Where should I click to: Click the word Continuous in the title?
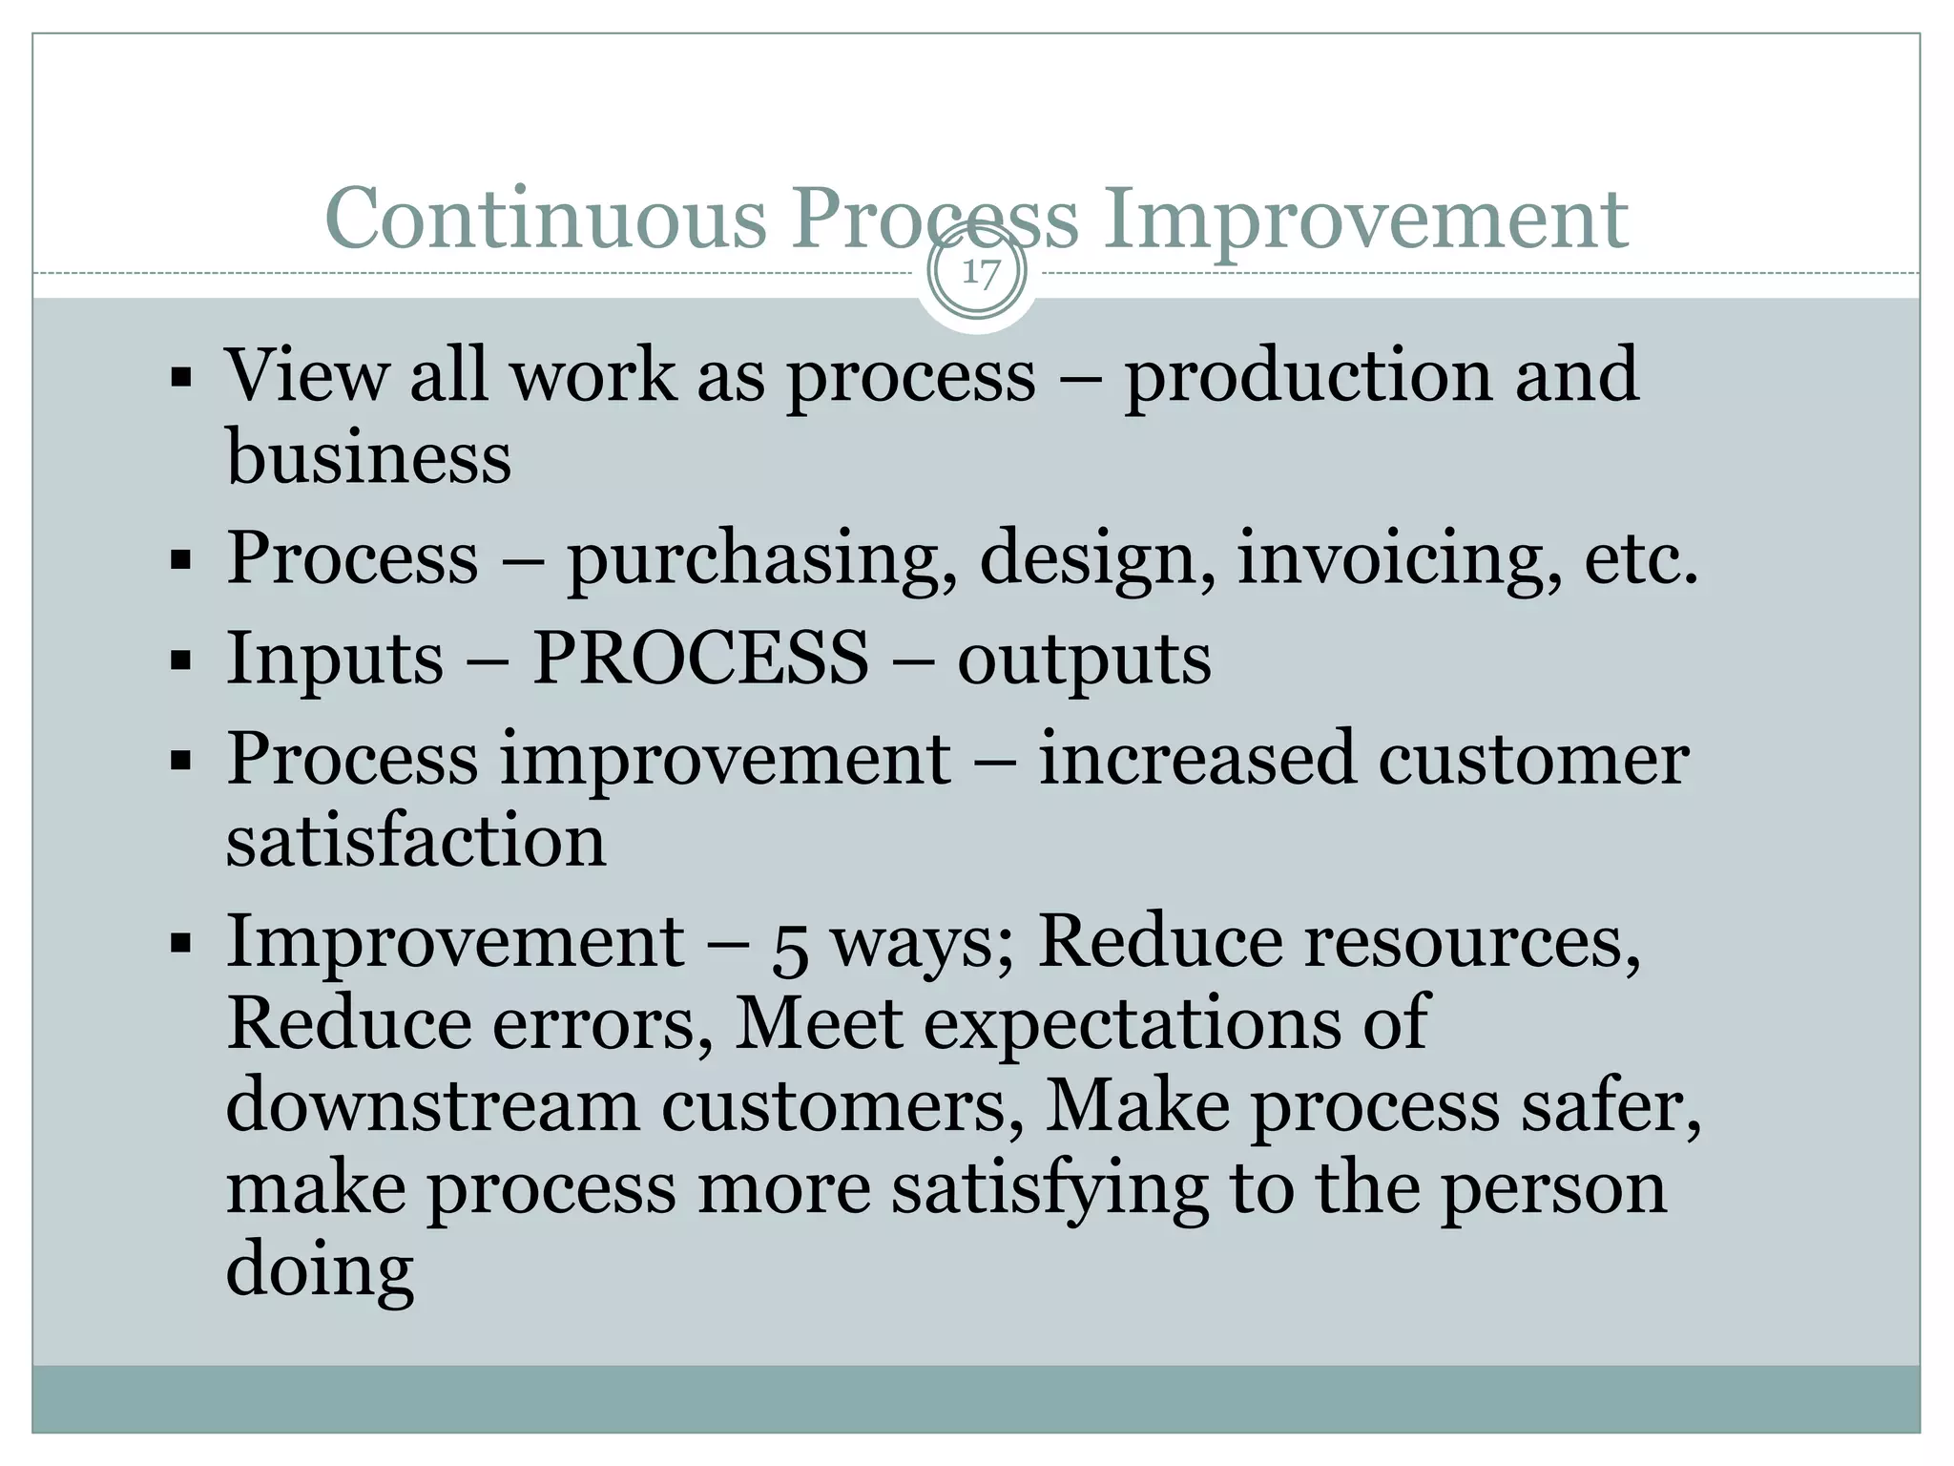tap(545, 219)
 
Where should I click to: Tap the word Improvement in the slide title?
tap(1366, 219)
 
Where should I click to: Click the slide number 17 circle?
tap(977, 273)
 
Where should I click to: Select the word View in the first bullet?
tap(306, 375)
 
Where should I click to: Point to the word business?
tap(368, 457)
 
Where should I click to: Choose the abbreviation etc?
tap(1641, 559)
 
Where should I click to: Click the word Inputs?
tap(335, 660)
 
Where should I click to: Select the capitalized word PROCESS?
tap(700, 658)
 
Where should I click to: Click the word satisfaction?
tap(416, 841)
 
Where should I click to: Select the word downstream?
tap(432, 1106)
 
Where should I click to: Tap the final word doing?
tap(320, 1270)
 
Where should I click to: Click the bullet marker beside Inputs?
tap(180, 660)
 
